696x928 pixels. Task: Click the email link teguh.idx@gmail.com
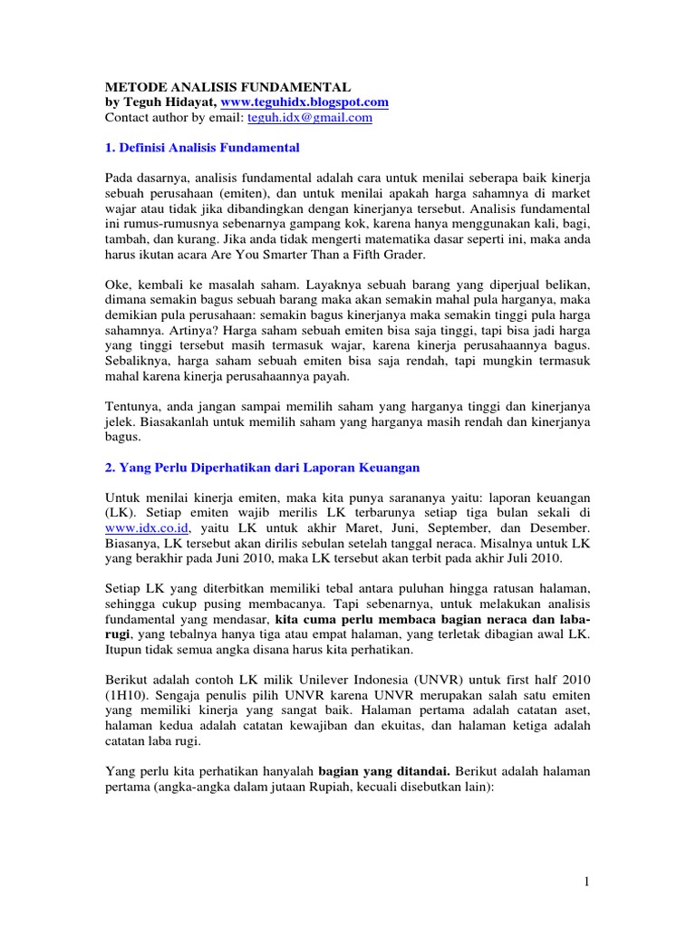click(x=311, y=118)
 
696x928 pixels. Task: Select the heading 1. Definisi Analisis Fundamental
click(x=202, y=147)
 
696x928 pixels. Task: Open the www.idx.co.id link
click(x=133, y=527)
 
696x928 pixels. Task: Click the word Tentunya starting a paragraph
click(x=135, y=407)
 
